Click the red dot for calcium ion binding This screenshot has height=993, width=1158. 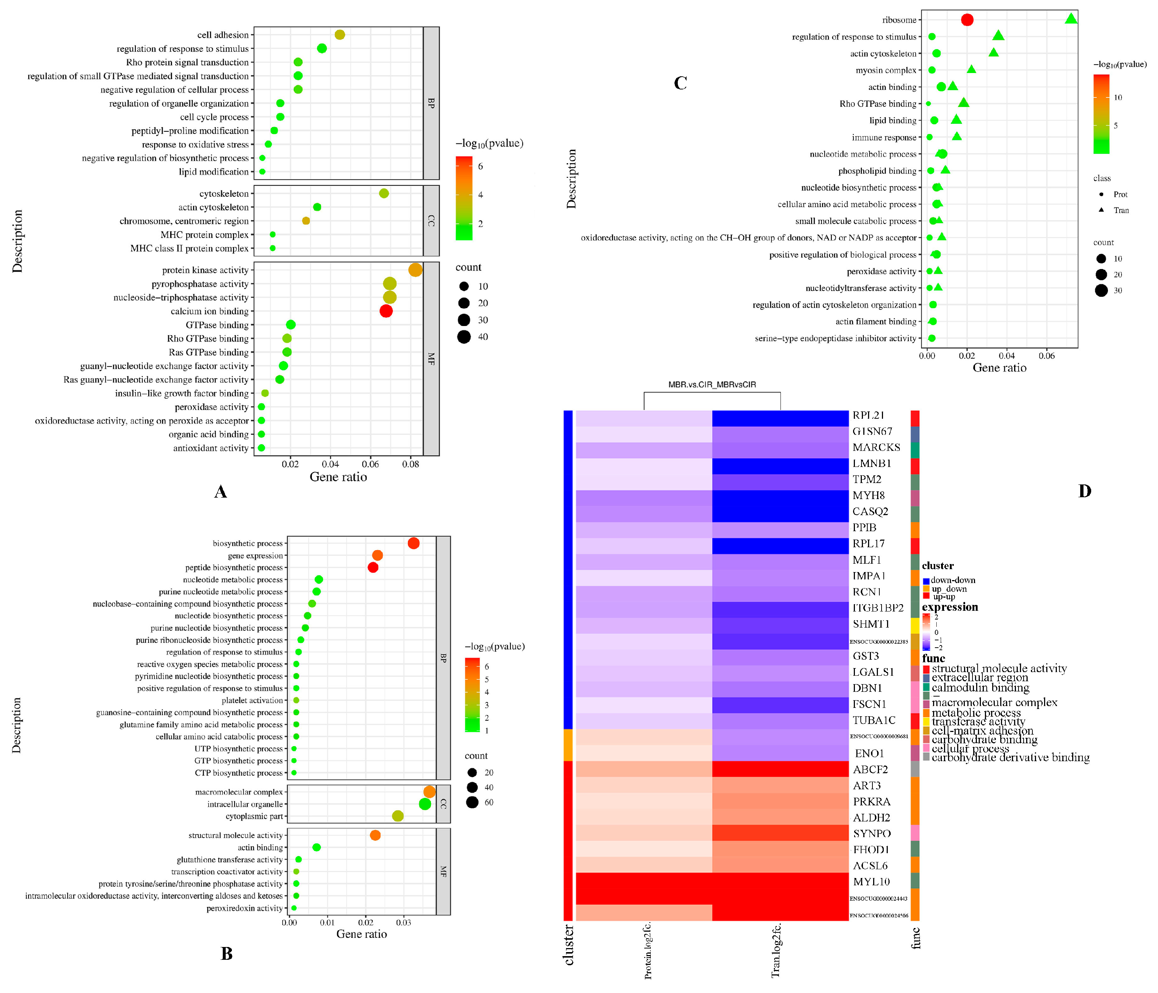pos(386,311)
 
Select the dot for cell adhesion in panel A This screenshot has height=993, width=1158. pos(339,35)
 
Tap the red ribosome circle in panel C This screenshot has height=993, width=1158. pos(967,20)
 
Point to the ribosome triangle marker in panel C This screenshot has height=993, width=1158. pos(1070,19)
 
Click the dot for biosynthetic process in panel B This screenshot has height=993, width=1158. pos(413,543)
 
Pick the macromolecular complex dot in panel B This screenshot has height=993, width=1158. pos(429,792)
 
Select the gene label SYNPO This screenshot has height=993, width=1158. pos(872,834)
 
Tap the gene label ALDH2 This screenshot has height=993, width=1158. pos(871,817)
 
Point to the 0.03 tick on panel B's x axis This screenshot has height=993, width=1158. pos(404,922)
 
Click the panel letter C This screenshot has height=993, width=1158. pos(680,83)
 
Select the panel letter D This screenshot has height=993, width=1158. pos(1084,491)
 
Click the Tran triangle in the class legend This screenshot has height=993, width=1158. pos(1101,210)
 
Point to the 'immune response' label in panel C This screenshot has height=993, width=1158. pos(884,138)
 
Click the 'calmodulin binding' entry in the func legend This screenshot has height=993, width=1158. pos(980,688)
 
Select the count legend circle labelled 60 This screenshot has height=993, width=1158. pos(472,802)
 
